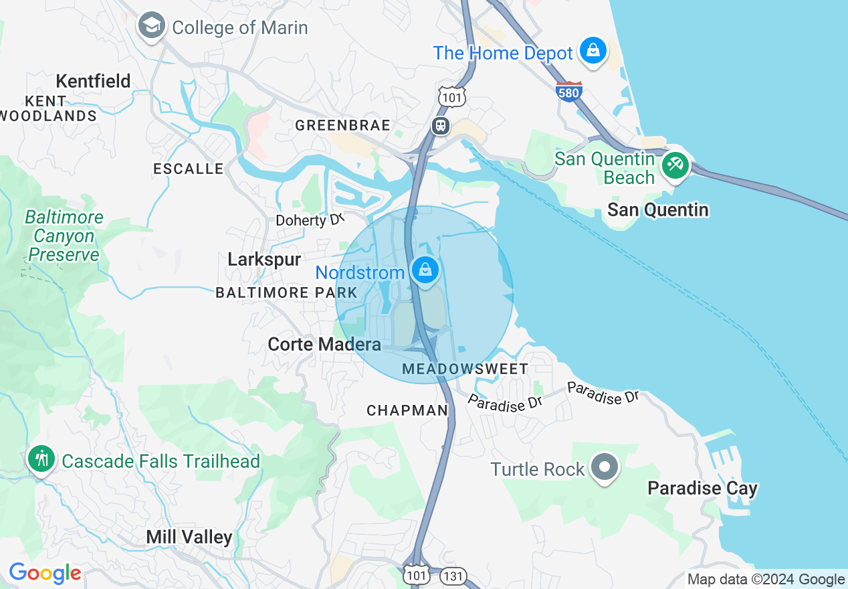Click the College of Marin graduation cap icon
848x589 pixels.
pos(152,26)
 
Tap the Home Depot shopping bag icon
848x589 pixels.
pos(593,50)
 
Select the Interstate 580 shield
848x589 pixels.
pos(568,91)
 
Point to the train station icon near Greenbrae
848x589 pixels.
pos(441,126)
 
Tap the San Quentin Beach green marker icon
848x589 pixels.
pos(675,165)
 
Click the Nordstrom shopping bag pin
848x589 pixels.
pos(425,270)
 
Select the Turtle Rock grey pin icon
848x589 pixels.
pos(606,467)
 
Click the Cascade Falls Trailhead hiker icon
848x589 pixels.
pos(41,459)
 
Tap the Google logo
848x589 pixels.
pos(45,574)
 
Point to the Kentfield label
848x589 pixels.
pos(93,82)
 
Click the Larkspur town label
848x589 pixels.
pos(264,259)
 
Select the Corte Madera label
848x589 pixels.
pos(324,344)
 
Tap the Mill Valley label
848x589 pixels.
pos(189,537)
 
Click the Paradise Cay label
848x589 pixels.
pos(702,489)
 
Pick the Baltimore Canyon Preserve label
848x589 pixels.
pos(64,236)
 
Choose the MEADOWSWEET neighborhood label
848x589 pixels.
pos(465,369)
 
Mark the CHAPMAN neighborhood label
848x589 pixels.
pos(407,410)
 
